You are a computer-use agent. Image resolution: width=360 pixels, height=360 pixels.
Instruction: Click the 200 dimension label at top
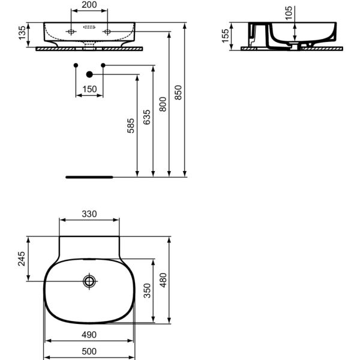pos(89,5)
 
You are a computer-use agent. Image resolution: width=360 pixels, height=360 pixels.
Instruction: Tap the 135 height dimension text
pos(22,32)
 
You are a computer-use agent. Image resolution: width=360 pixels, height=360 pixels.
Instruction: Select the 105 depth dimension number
pos(289,13)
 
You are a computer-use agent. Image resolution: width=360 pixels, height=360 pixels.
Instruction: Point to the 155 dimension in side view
pos(225,35)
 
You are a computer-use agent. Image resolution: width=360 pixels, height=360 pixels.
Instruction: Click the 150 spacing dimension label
pos(89,89)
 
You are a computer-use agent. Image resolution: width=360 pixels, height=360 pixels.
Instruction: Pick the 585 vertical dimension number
pos(131,125)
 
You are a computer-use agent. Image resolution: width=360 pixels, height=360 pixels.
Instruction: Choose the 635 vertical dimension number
pos(147,117)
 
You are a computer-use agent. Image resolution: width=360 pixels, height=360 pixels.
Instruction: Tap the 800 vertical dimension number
pos(163,104)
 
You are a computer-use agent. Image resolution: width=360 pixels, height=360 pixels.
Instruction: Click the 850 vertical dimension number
pos(178,92)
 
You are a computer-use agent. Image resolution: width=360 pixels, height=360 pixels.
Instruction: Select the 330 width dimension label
pos(89,214)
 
